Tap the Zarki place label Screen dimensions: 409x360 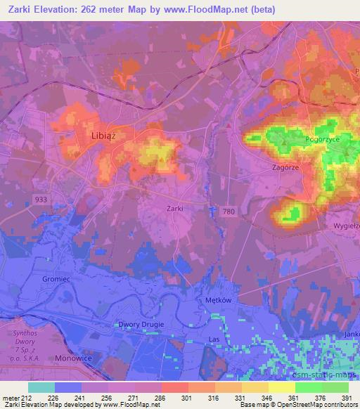pyautogui.click(x=175, y=208)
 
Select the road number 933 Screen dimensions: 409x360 pyautogui.click(x=40, y=200)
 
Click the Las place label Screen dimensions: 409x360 pyautogui.click(x=215, y=339)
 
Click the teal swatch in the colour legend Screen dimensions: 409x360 pyautogui.click(x=41, y=387)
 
